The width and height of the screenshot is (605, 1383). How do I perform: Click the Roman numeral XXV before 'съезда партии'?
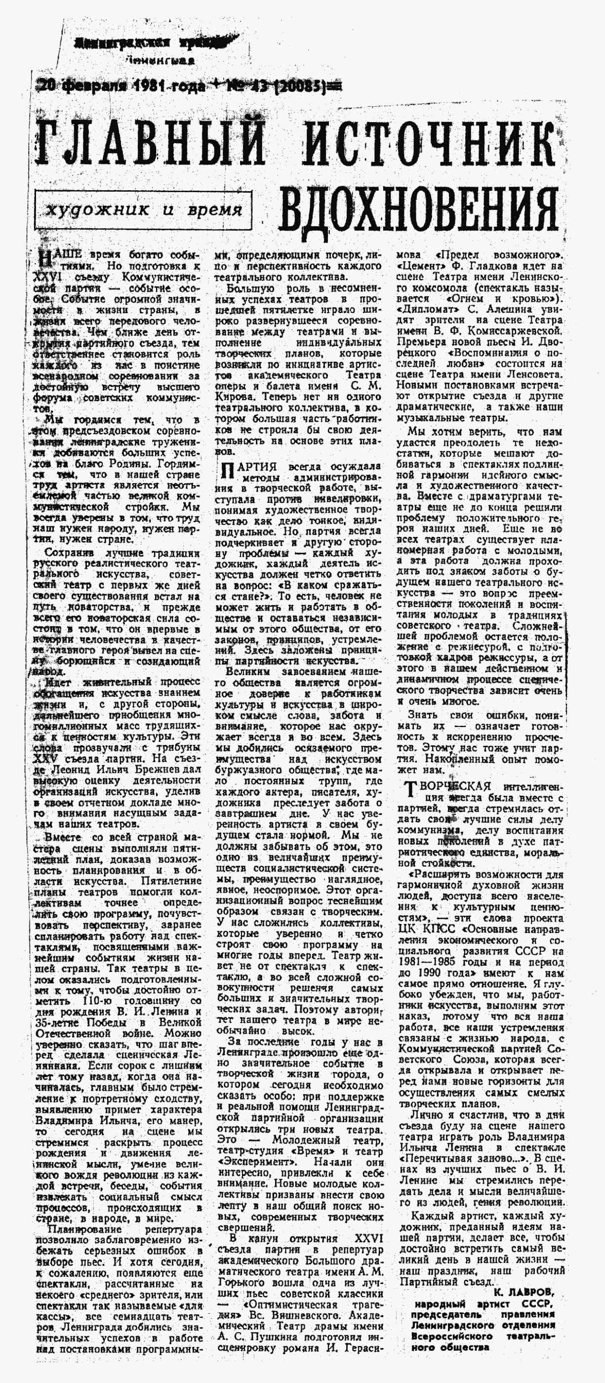tap(45, 759)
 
